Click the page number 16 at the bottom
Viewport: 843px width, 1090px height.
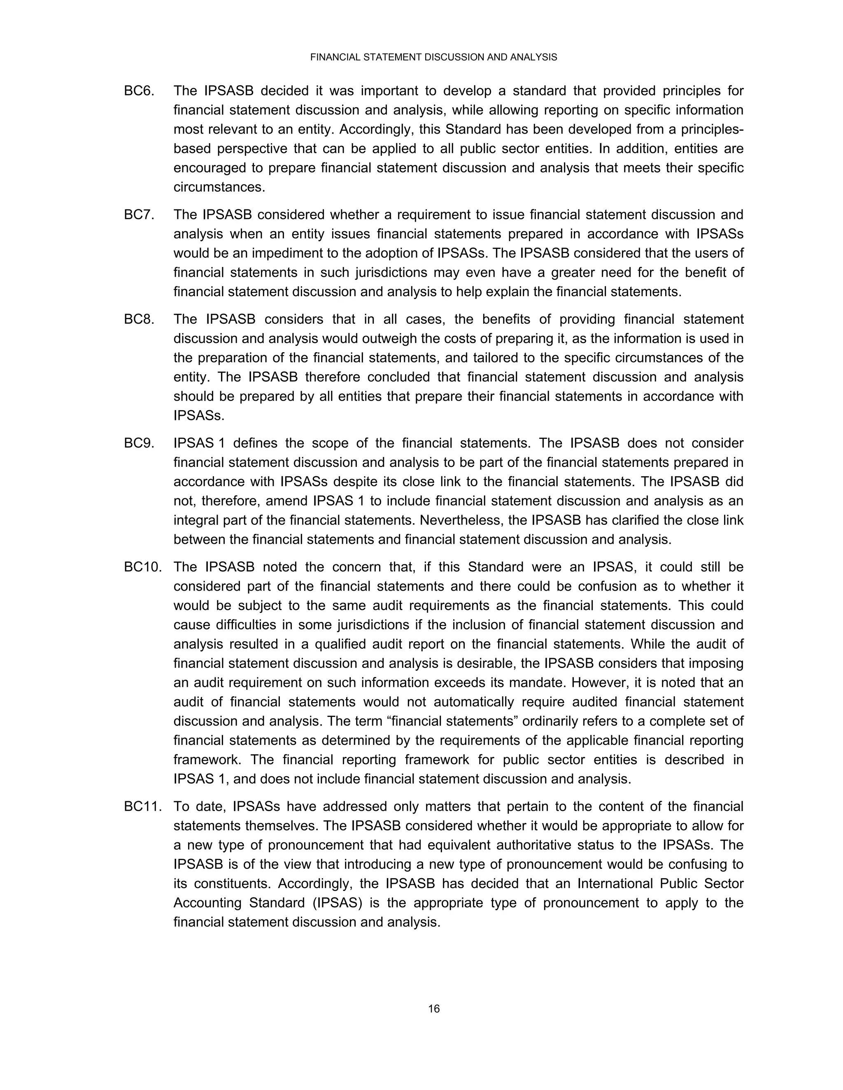pyautogui.click(x=433, y=1009)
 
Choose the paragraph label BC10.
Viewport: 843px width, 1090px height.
pyautogui.click(x=143, y=567)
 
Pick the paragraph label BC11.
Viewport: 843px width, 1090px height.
pyautogui.click(x=143, y=807)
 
